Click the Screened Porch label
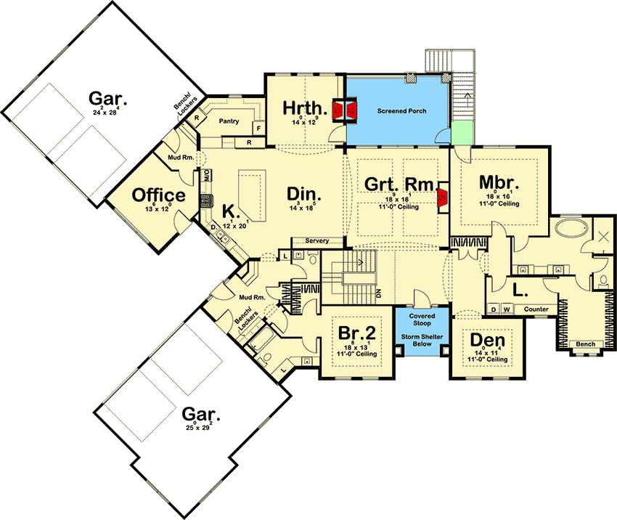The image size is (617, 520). [401, 111]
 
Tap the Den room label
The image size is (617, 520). [487, 340]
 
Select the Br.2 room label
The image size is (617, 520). [357, 333]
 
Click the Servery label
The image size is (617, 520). [317, 241]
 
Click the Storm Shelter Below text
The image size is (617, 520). [422, 340]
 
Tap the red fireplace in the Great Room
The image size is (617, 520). [441, 198]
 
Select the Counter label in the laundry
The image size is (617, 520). [536, 309]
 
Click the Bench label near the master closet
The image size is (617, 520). [585, 344]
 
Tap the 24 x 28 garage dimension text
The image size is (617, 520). [106, 113]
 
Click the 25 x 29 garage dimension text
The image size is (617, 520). [198, 428]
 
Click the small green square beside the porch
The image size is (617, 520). [460, 134]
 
